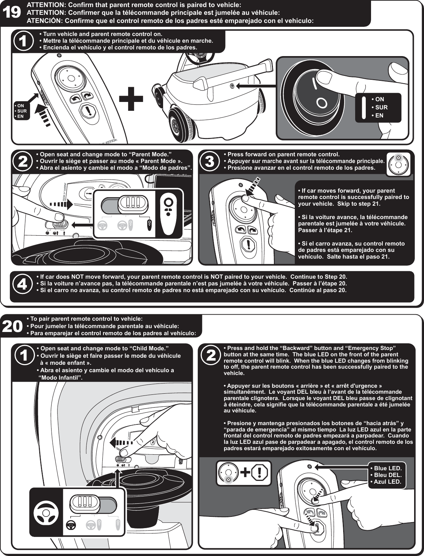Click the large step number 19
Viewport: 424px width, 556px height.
(x=12, y=13)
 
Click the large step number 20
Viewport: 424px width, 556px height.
(x=13, y=327)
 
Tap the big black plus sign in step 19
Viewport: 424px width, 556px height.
(x=131, y=97)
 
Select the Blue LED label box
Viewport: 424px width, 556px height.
(x=387, y=475)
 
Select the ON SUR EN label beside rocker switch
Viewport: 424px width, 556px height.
(x=379, y=107)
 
